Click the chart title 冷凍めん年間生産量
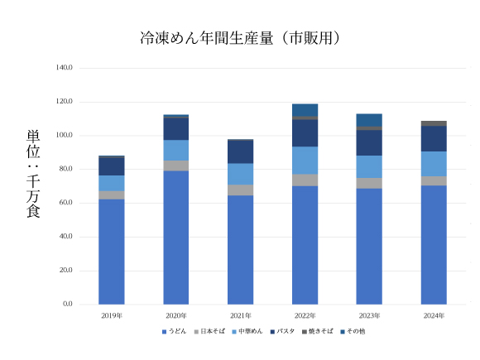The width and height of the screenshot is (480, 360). [x=241, y=38]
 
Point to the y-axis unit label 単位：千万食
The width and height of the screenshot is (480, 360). [x=34, y=174]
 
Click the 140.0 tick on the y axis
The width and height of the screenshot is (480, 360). [x=64, y=67]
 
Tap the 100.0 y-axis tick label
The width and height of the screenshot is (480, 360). [x=64, y=135]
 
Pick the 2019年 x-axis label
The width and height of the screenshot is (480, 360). [x=112, y=316]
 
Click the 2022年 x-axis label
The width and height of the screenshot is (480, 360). [x=305, y=316]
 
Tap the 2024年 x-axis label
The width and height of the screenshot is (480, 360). [x=434, y=316]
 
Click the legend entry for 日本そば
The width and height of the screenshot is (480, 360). [x=211, y=331]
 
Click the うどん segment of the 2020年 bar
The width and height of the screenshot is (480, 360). [x=176, y=238]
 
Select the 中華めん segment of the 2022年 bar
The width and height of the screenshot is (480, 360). [x=305, y=161]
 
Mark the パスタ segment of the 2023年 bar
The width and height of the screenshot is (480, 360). [x=369, y=142]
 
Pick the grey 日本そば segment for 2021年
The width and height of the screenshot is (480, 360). [x=241, y=190]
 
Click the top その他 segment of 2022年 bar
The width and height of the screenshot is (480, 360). [x=305, y=109]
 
